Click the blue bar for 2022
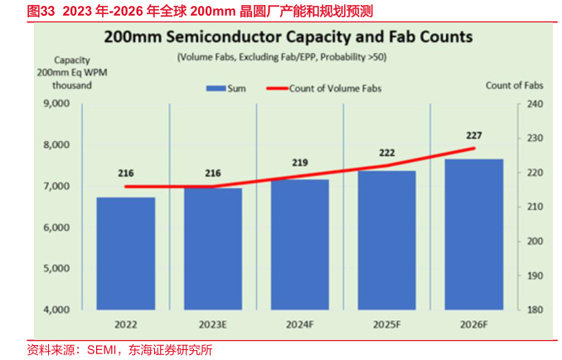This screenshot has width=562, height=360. point(126,253)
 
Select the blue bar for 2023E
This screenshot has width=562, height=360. point(213,249)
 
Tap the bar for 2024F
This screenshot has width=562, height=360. point(300,245)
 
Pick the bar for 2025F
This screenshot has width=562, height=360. point(387,241)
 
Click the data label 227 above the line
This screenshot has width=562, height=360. point(474,135)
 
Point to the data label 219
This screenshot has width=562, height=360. point(300,163)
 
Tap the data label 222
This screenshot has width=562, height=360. point(387,153)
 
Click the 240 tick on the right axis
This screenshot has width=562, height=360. point(534,105)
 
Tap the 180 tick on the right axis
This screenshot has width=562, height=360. point(534,310)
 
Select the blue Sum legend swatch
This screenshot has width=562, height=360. point(216,87)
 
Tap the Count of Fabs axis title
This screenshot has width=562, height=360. point(514,85)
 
